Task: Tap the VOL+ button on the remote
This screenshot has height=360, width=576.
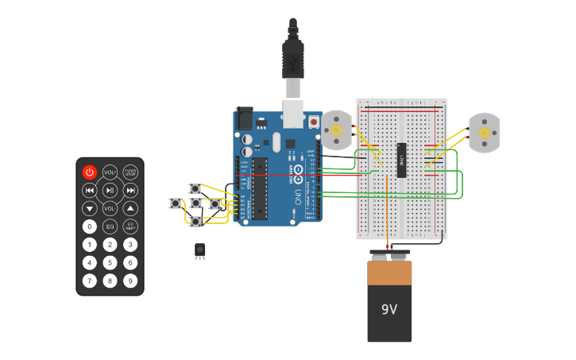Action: [x=110, y=172]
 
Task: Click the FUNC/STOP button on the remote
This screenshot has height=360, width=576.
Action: [x=130, y=172]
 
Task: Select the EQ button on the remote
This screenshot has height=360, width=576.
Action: [x=110, y=226]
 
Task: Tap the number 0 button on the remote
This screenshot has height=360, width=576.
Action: [x=89, y=226]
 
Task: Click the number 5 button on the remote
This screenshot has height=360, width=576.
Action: [x=110, y=262]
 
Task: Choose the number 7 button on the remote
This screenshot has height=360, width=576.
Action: [x=89, y=281]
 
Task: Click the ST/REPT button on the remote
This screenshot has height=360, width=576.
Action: [x=130, y=226]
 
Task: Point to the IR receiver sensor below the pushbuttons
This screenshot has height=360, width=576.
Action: [x=199, y=250]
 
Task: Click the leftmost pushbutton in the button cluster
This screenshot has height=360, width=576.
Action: [x=176, y=203]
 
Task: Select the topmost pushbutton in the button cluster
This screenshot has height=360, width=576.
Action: [x=195, y=188]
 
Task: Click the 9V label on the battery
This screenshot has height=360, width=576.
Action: [x=389, y=309]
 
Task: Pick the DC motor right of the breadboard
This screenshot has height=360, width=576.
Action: [x=484, y=133]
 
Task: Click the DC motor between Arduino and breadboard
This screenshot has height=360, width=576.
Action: [x=336, y=130]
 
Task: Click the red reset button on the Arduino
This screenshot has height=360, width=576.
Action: [x=314, y=122]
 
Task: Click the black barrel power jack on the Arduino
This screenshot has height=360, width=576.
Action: [x=244, y=119]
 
